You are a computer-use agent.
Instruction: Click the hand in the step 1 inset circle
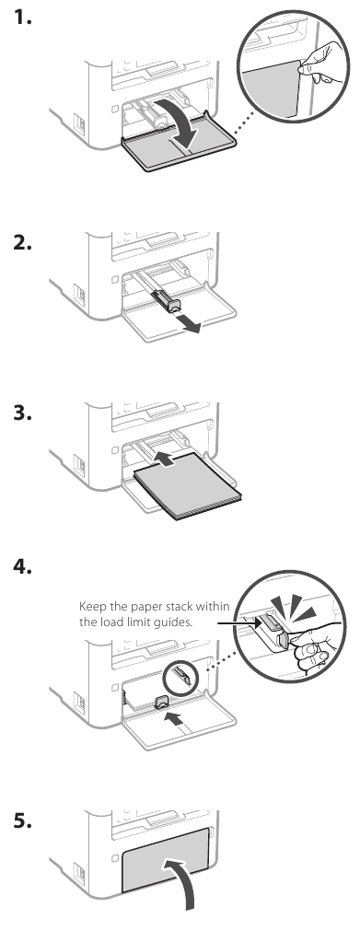click(x=318, y=64)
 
